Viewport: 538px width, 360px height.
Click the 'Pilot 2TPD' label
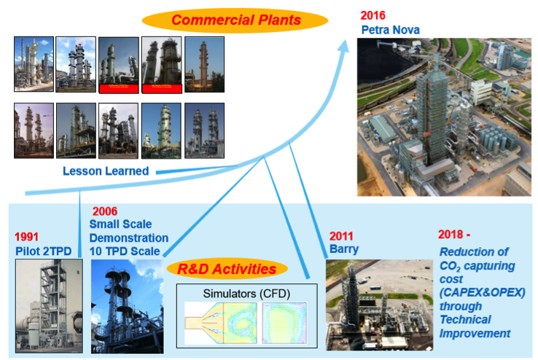click(44, 251)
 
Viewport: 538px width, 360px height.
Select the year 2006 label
click(105, 211)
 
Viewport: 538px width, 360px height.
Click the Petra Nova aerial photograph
click(443, 117)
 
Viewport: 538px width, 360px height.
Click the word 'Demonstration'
click(128, 238)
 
